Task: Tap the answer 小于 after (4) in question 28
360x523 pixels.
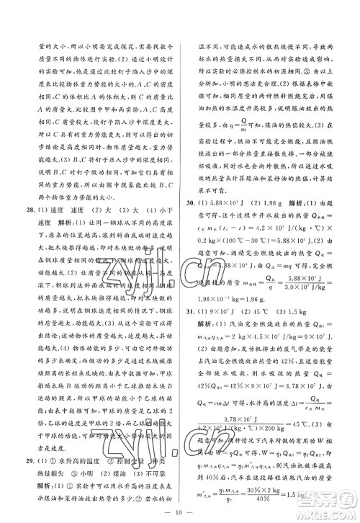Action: tap(162, 212)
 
